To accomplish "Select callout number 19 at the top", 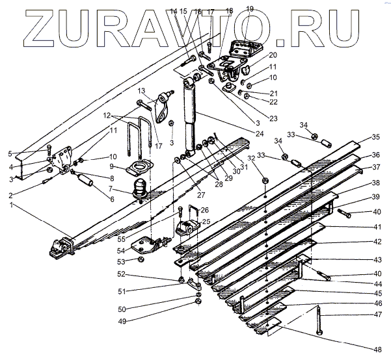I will pos(250,8).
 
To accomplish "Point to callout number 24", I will pos(260,133).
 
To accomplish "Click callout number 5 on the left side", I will pos(10,153).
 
